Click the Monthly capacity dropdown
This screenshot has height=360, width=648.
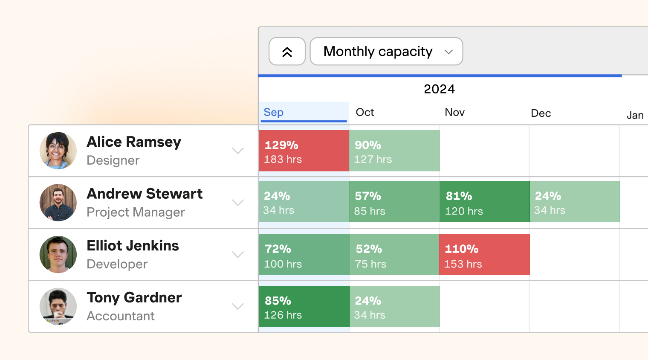click(386, 52)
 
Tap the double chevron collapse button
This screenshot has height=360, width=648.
click(287, 52)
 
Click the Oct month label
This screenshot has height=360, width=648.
click(365, 112)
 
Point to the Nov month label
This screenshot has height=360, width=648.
click(454, 112)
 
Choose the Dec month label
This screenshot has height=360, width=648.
click(541, 113)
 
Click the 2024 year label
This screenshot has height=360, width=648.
click(439, 89)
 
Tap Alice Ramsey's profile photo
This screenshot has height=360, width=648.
click(58, 151)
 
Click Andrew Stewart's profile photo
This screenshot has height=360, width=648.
click(58, 203)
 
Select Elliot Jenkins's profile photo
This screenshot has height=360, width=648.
click(58, 255)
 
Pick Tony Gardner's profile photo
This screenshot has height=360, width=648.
click(58, 307)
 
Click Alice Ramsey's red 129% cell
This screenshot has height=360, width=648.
click(304, 151)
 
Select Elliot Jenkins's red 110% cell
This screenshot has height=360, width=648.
click(484, 255)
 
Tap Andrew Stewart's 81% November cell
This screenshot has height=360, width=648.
click(484, 202)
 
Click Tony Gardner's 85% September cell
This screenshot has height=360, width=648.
click(304, 306)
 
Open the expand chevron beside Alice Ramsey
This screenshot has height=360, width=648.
click(238, 151)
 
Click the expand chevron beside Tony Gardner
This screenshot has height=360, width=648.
click(238, 306)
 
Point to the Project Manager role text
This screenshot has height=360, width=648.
click(136, 212)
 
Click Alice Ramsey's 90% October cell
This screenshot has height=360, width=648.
click(394, 151)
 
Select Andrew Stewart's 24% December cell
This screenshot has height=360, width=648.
click(575, 202)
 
